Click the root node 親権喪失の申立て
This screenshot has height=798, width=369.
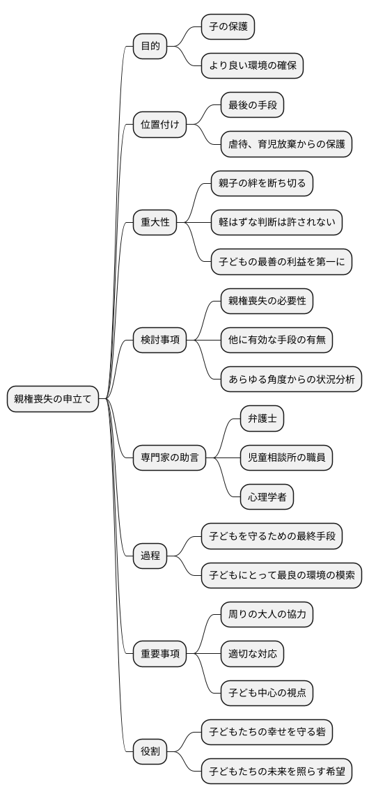[53, 399]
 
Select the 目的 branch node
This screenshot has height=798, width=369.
[150, 47]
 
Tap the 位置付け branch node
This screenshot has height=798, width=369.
[159, 125]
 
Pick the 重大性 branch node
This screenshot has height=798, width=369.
[155, 223]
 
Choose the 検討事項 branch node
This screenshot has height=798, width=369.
[159, 340]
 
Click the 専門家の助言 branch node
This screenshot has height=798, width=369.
[169, 457]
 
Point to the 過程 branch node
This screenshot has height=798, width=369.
[150, 556]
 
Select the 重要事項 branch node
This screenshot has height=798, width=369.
[159, 653]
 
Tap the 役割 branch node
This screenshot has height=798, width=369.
[150, 751]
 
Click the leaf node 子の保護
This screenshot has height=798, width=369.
[227, 27]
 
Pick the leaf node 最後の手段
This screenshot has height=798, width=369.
[251, 105]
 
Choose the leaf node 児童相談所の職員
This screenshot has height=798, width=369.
[281, 457]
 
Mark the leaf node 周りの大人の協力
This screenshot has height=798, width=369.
[267, 614]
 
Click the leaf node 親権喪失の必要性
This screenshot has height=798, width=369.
[267, 301]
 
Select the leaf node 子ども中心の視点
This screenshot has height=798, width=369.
[267, 693]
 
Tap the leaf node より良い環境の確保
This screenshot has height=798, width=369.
[252, 66]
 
